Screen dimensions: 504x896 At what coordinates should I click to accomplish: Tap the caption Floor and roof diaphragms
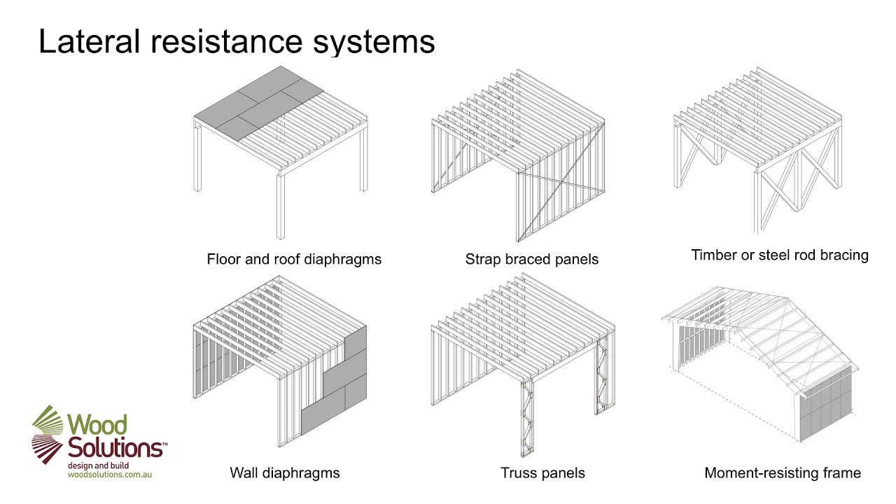coord(294,260)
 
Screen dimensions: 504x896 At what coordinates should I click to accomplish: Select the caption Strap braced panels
coord(531,260)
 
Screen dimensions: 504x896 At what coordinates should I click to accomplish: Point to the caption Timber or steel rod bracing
coord(779,255)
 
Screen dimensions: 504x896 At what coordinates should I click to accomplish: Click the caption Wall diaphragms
coord(284,473)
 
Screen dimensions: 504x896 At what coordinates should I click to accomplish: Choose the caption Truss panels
coord(542,473)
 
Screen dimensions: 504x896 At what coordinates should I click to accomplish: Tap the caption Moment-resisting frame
coord(782,473)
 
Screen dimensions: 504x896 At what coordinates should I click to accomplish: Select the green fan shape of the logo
coord(48,421)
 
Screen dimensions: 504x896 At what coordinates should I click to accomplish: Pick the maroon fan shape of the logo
coord(48,448)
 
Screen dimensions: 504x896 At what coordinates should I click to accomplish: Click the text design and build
coord(98,465)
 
